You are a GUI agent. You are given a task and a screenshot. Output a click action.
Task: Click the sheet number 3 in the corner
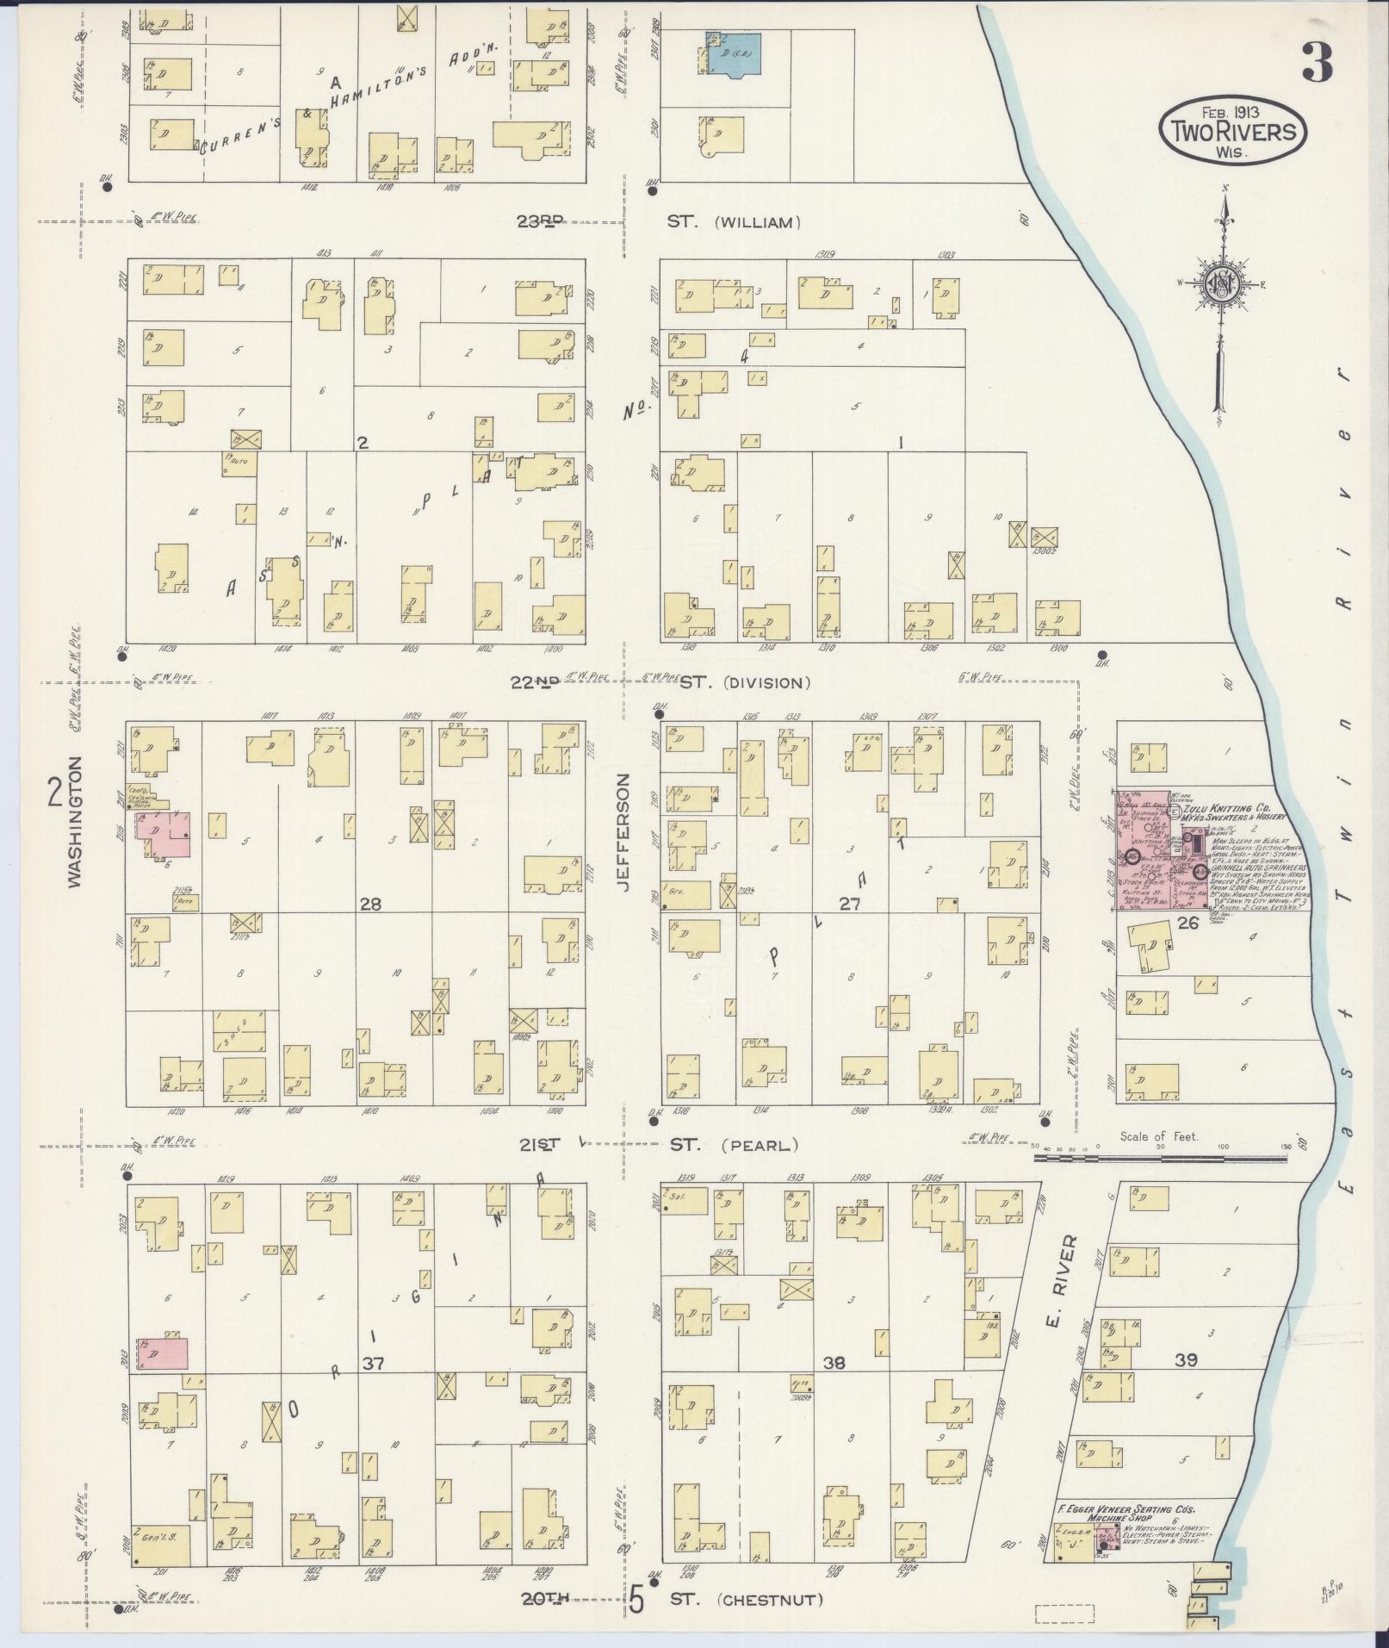tap(1317, 62)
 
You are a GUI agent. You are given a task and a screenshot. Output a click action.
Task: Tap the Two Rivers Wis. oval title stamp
tap(1231, 132)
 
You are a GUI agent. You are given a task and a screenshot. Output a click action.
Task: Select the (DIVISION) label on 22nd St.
tap(767, 683)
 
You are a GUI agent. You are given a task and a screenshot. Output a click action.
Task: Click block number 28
tap(370, 904)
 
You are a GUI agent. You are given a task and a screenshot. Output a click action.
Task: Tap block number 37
tap(372, 1364)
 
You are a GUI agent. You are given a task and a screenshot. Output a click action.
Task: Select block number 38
tap(834, 1364)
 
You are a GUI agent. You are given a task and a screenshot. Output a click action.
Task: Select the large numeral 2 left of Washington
tap(54, 792)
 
